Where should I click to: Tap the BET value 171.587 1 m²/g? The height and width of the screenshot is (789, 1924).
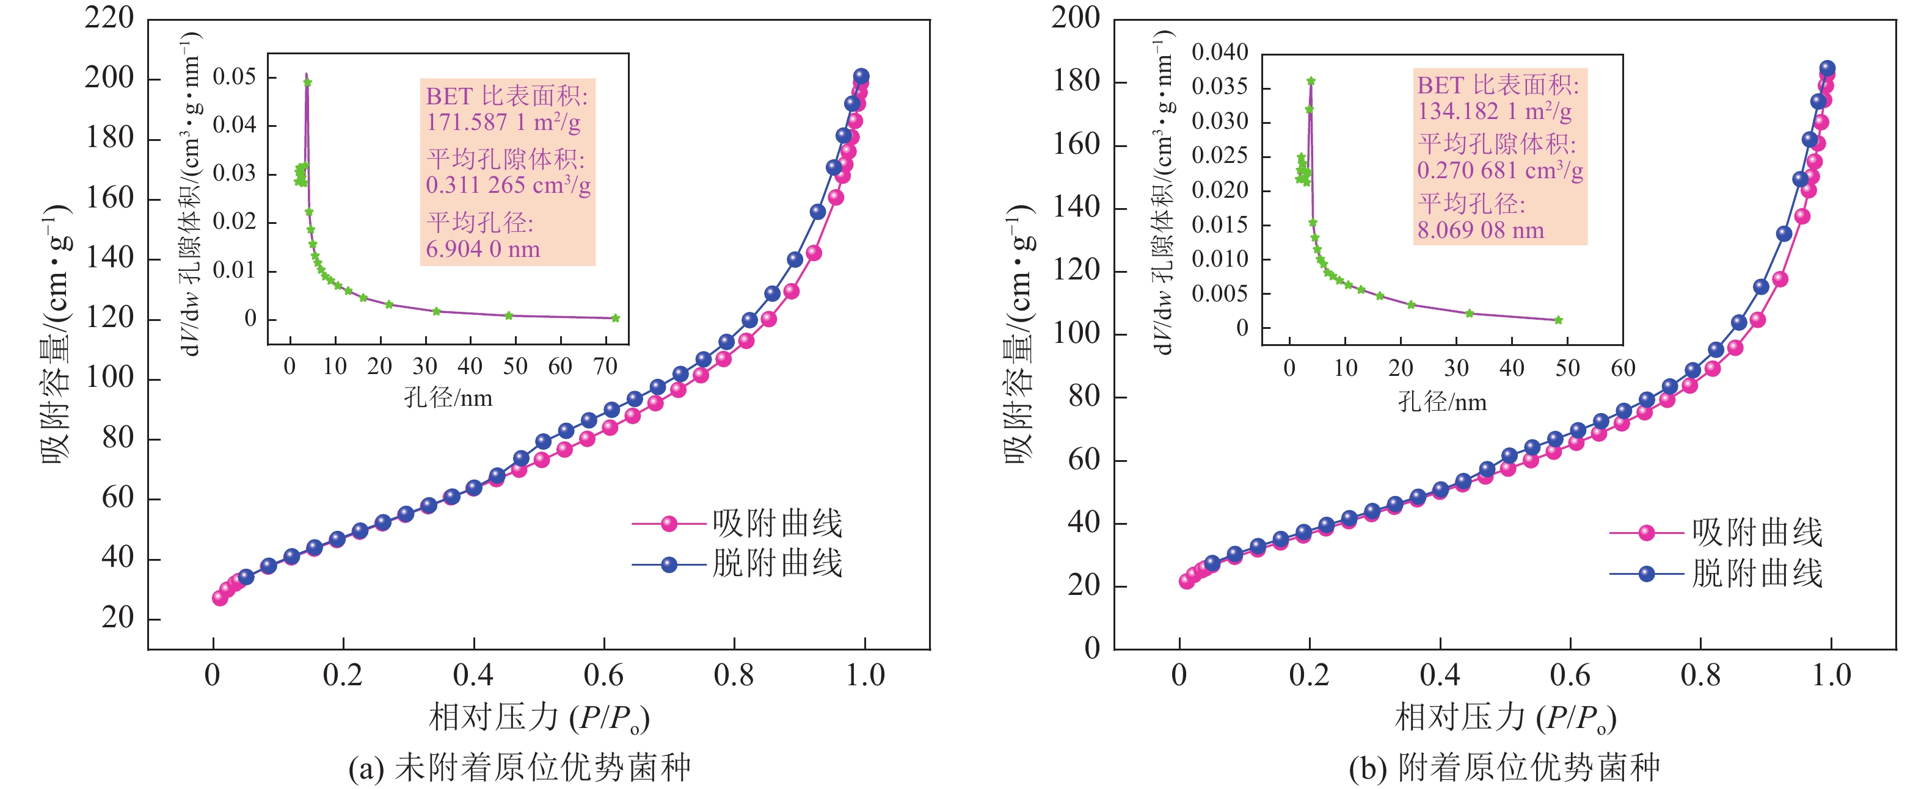click(503, 121)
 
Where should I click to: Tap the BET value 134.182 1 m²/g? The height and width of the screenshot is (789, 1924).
click(1495, 111)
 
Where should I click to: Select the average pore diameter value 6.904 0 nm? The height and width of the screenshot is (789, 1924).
click(483, 248)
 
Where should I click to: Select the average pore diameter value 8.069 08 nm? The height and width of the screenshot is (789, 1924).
click(1481, 229)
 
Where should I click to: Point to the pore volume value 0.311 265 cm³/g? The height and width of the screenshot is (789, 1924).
click(508, 184)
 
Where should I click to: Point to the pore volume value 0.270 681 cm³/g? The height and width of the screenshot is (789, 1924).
click(1499, 170)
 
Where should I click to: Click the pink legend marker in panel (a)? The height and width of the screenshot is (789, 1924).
click(669, 524)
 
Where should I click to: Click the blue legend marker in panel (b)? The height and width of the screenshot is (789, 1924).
click(1646, 573)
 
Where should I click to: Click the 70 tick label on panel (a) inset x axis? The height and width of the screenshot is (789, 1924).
click(605, 367)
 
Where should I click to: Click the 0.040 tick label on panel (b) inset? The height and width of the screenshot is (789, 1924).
click(1219, 52)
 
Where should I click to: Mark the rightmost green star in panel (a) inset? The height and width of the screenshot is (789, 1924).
click(616, 318)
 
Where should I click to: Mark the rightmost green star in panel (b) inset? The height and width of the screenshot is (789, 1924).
click(1559, 320)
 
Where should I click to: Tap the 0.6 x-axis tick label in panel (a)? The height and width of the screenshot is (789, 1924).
click(603, 676)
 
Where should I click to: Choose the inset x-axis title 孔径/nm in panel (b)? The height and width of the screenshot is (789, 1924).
click(1442, 402)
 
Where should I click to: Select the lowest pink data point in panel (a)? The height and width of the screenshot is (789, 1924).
click(220, 598)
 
